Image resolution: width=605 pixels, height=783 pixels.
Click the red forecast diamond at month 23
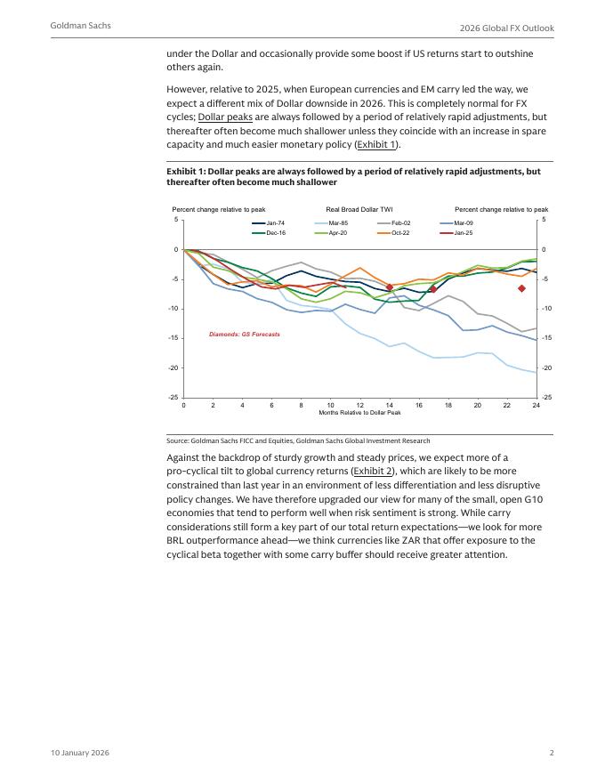point(521,288)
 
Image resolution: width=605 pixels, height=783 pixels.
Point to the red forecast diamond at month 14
point(389,287)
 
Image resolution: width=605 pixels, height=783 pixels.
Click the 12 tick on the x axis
point(359,405)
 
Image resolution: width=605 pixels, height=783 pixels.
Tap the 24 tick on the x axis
point(536,405)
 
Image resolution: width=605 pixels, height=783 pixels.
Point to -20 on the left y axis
point(175,367)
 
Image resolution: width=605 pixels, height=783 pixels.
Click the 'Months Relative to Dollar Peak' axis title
point(359,413)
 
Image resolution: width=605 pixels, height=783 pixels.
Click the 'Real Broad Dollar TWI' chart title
point(359,209)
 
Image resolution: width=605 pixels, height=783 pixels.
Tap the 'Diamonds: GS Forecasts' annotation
point(245,335)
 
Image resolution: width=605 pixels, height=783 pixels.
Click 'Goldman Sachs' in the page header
point(81,26)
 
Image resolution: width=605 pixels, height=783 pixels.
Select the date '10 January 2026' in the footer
point(80,753)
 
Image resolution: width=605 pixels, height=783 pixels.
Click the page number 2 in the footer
point(552,753)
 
